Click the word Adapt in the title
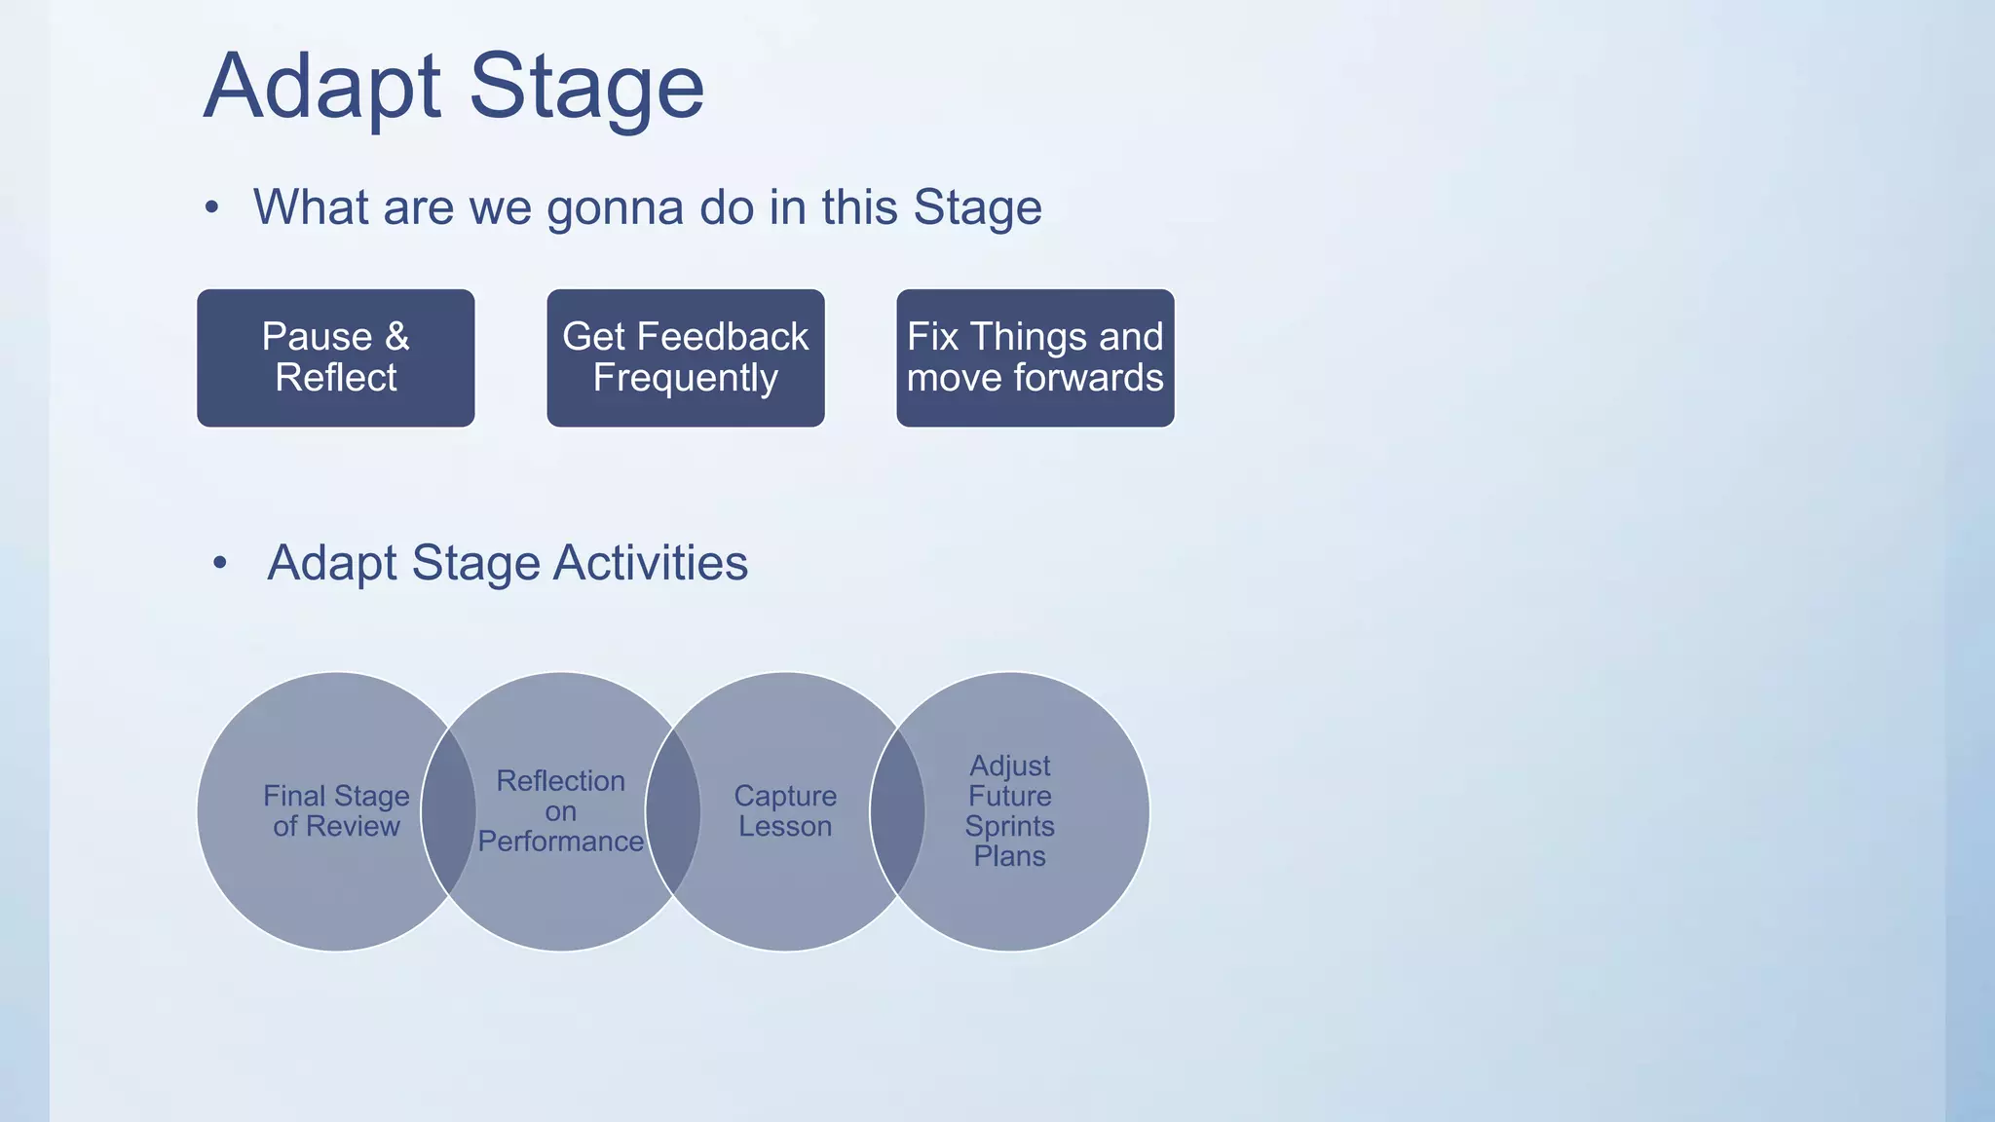coord(322,88)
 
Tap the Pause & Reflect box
coord(335,357)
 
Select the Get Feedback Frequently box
coord(685,357)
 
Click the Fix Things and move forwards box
coord(1035,357)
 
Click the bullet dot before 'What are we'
coord(211,207)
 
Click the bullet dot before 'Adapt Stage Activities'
coord(220,562)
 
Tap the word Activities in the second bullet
coord(651,563)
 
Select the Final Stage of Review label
coord(336,810)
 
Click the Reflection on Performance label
coord(560,810)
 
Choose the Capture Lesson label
coord(785,810)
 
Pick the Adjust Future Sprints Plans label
coord(1009,810)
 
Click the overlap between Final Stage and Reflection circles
coord(448,810)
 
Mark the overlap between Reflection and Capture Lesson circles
coord(672,810)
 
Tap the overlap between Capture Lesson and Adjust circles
coord(897,810)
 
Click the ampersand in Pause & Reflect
coord(396,337)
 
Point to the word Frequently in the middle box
coord(685,378)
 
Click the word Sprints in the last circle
coord(1009,826)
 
